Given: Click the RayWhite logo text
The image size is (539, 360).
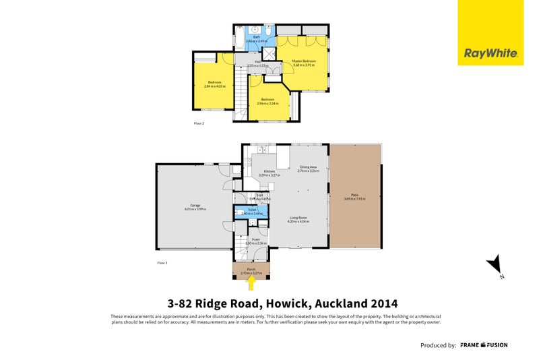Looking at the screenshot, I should click(490, 53).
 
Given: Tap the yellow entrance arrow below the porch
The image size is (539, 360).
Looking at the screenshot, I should click(251, 284).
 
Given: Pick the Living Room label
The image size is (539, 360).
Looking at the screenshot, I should click(298, 217).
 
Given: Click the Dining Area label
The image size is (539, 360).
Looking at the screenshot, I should click(309, 167).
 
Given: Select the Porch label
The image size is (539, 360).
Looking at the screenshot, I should click(251, 269).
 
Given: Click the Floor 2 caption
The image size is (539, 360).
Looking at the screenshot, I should click(199, 123).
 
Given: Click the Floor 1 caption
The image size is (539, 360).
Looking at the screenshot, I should click(162, 262).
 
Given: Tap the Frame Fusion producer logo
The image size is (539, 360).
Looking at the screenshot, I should click(484, 345).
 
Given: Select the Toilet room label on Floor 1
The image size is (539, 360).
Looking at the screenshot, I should click(252, 210).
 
